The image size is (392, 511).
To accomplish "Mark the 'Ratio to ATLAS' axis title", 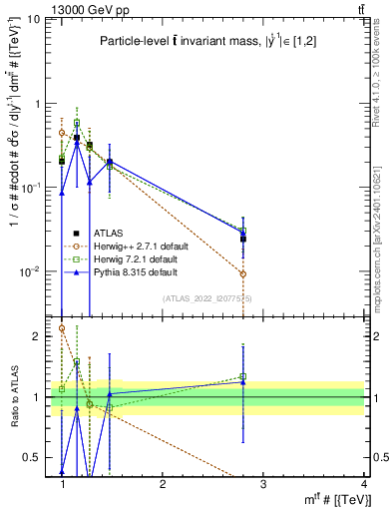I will point(13,397).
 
